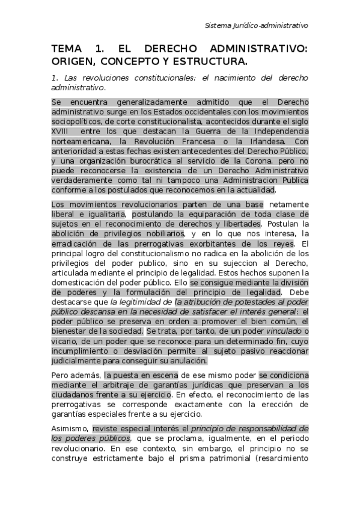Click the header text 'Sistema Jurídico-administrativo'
click(256, 26)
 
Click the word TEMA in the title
click(67, 49)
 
